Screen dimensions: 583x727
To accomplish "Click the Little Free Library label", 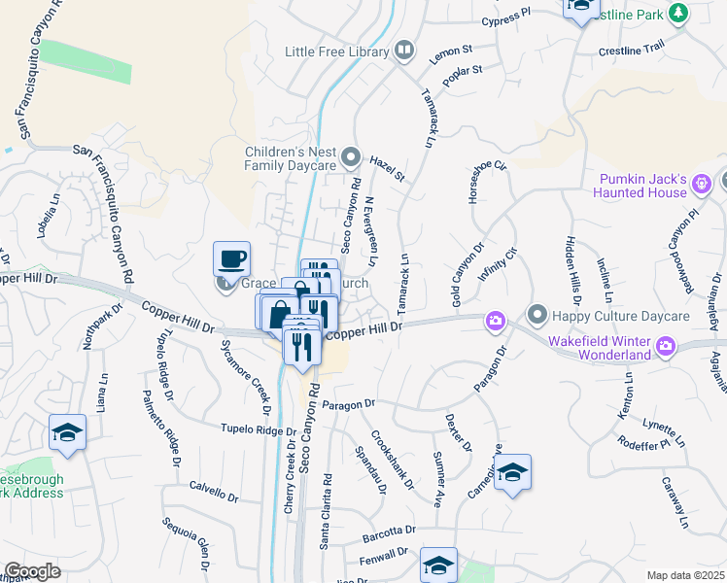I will pos(338,51).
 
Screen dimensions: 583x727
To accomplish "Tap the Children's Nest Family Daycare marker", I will pos(352,157).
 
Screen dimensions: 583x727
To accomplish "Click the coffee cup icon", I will pos(232,259).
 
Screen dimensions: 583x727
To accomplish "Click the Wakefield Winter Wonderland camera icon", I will pos(667,345).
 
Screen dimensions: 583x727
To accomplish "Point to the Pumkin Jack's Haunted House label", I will pos(656,187).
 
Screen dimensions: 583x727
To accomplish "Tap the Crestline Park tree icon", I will pos(678,13).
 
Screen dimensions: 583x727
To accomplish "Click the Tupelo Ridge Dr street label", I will pos(258,428).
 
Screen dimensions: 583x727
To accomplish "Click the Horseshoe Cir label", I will pos(488,183).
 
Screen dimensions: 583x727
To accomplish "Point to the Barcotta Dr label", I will pos(388,532).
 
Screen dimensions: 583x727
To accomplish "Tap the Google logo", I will pos(32,571).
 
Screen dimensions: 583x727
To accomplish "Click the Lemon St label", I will pos(451,49).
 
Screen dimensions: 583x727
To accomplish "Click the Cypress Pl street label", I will pos(507,19).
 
